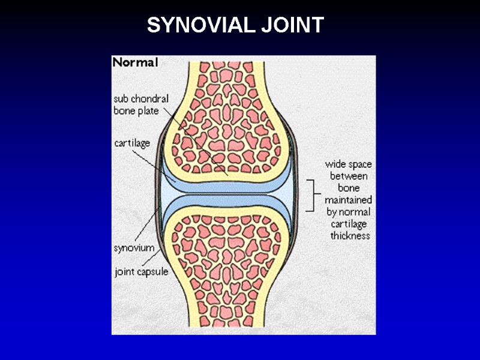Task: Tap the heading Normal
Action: tap(135, 62)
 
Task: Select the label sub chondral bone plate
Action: tap(141, 104)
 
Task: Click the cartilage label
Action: tap(132, 143)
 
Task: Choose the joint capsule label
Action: tap(142, 271)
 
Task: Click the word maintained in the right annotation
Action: tap(349, 200)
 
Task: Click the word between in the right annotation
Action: tap(349, 176)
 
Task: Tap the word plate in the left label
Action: tap(147, 110)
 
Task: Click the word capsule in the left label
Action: tap(153, 271)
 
